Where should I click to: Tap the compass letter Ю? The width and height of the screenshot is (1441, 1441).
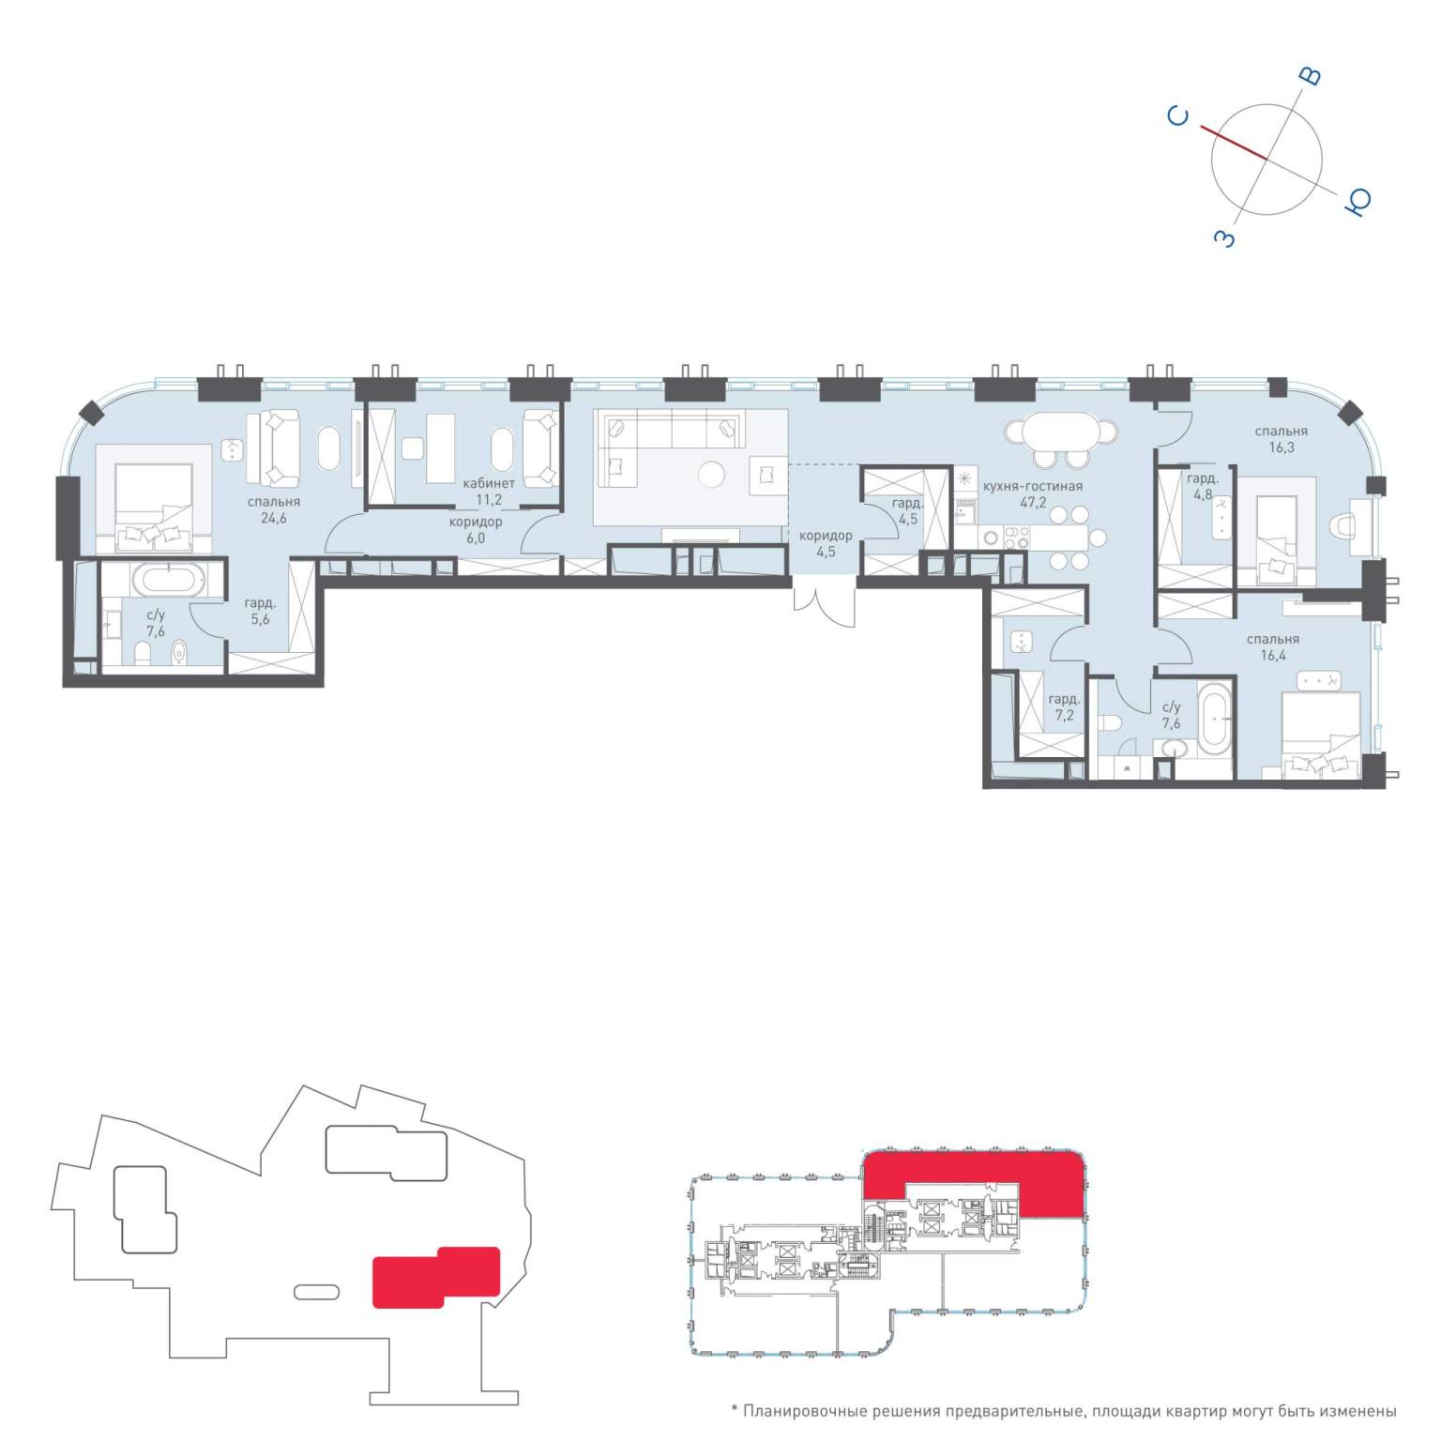tap(1358, 201)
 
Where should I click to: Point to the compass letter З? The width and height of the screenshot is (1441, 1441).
tap(1225, 238)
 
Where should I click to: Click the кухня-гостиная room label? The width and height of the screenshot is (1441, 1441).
tap(1033, 486)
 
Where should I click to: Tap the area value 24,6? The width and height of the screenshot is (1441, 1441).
tap(274, 518)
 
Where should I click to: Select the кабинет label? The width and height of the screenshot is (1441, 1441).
tap(489, 483)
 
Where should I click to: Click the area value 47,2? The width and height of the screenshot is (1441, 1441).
tap(1033, 502)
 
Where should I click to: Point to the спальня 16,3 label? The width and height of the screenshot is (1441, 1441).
tap(1282, 439)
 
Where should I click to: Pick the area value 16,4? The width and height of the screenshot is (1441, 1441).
tap(1273, 656)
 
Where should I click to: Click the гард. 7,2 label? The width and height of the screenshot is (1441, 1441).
tap(1064, 706)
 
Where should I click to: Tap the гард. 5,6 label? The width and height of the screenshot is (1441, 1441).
tap(260, 612)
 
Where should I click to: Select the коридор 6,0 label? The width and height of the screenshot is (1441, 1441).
tap(476, 530)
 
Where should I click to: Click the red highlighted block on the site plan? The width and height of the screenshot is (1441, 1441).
tap(435, 1277)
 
